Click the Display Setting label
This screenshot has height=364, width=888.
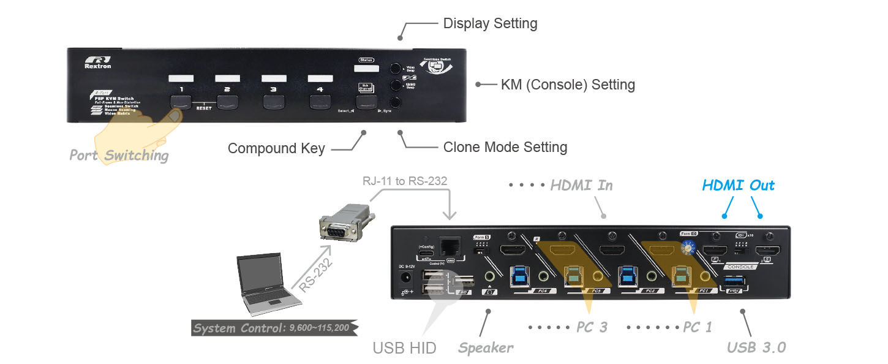pos(490,24)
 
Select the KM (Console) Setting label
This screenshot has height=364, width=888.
pos(568,85)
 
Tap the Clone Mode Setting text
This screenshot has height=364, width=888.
pos(505,148)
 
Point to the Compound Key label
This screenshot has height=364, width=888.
pos(276,148)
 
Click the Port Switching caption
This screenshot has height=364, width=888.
pos(119,155)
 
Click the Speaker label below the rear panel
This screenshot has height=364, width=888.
pos(486,348)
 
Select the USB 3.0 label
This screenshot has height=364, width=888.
pos(756,347)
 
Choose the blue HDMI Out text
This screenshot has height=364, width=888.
pos(738,185)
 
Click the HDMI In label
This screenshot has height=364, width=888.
pos(581,185)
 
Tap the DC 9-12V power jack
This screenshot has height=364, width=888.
pos(405,278)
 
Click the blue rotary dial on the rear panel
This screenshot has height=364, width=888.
pos(687,248)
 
